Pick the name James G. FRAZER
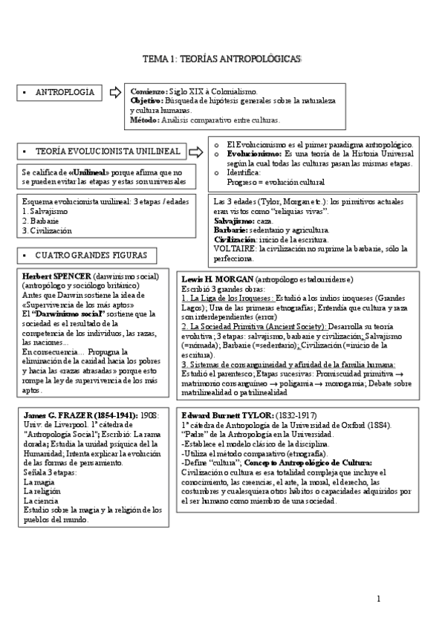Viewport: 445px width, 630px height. [58, 414]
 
